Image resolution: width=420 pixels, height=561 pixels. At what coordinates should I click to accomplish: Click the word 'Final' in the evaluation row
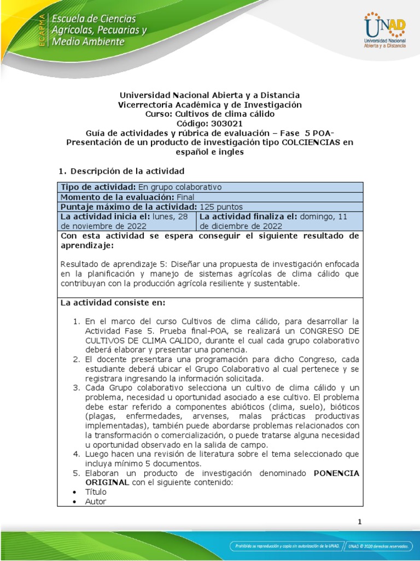pyautogui.click(x=184, y=197)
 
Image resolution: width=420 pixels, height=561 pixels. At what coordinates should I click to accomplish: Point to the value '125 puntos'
pyautogui.click(x=221, y=207)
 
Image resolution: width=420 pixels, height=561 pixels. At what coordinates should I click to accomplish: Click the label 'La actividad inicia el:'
pyautogui.click(x=102, y=216)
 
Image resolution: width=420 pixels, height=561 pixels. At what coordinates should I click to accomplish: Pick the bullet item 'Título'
pyautogui.click(x=96, y=492)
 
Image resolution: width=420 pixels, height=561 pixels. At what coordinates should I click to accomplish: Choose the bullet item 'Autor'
pyautogui.click(x=96, y=501)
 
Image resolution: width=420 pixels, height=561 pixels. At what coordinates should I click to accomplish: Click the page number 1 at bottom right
pyautogui.click(x=359, y=522)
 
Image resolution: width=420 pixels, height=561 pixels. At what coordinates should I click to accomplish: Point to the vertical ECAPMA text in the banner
pyautogui.click(x=41, y=28)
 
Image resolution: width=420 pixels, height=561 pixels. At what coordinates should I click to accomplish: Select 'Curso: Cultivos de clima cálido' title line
pyautogui.click(x=210, y=114)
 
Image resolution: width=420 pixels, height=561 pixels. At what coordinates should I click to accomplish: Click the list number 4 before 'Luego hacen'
pyautogui.click(x=77, y=454)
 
